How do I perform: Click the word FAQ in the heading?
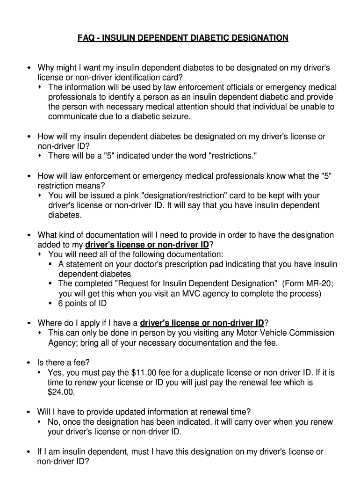[86, 37]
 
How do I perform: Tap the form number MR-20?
[320, 284]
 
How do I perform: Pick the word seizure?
[176, 116]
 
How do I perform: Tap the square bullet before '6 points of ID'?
[50, 304]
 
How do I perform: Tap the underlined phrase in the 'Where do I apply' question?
[202, 323]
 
